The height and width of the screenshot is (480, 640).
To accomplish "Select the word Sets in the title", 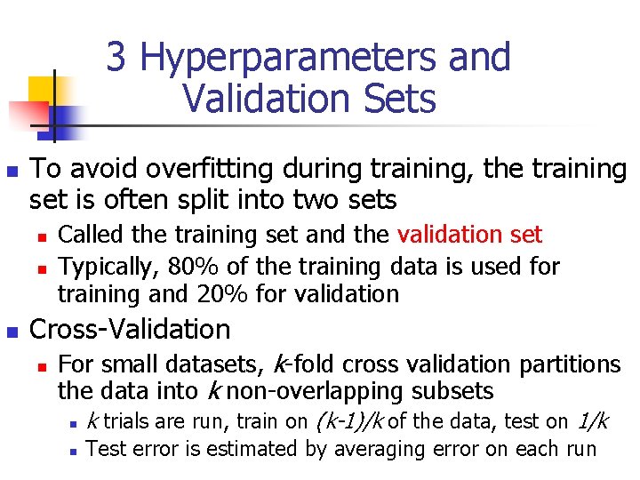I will tap(398, 98).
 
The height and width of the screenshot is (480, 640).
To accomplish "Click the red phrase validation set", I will tap(469, 235).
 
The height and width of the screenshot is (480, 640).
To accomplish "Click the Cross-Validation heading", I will tap(130, 330).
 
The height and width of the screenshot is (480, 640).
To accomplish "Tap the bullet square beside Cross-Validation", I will tap(12, 332).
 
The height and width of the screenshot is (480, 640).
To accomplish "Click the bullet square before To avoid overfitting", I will tap(12, 171).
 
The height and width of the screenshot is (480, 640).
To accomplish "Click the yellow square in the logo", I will tap(43, 89).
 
